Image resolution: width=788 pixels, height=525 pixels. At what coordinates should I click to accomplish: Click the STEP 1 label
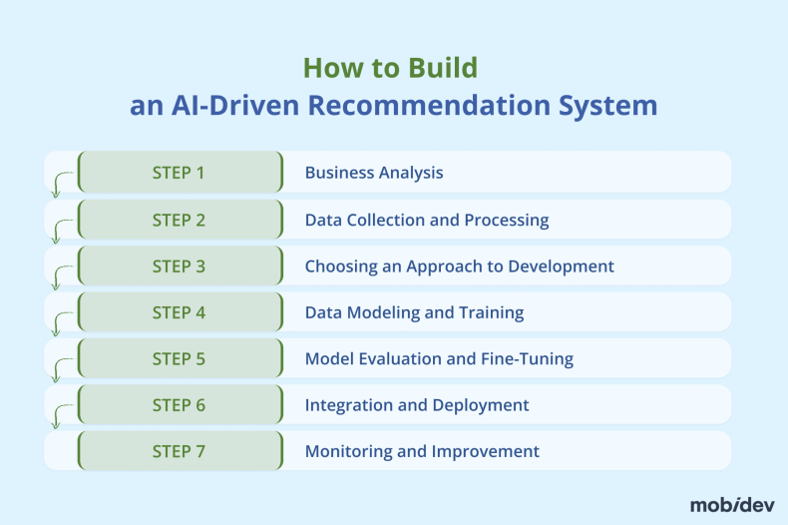coord(179,173)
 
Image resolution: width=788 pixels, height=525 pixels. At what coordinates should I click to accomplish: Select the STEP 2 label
coord(179,220)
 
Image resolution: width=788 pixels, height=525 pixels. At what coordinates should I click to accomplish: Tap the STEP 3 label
coord(179,266)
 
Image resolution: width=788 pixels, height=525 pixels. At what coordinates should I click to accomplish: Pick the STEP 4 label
coord(179,312)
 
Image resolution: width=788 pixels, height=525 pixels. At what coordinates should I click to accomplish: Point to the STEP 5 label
coord(179,358)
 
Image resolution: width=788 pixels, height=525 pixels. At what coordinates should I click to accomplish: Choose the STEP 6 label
coord(179,405)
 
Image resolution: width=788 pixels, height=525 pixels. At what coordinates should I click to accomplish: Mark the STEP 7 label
coord(179,451)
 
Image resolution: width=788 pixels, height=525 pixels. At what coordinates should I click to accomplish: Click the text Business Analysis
coord(374,173)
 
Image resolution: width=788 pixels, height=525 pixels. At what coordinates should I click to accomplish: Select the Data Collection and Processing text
coord(427,220)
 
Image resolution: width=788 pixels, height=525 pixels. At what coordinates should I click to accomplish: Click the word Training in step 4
coord(491,312)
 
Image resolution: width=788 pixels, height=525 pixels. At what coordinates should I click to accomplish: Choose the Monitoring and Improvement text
coord(422,451)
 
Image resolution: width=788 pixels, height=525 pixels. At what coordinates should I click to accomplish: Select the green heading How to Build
coord(390,68)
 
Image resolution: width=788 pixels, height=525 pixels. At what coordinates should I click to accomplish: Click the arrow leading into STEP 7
coord(59,416)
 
